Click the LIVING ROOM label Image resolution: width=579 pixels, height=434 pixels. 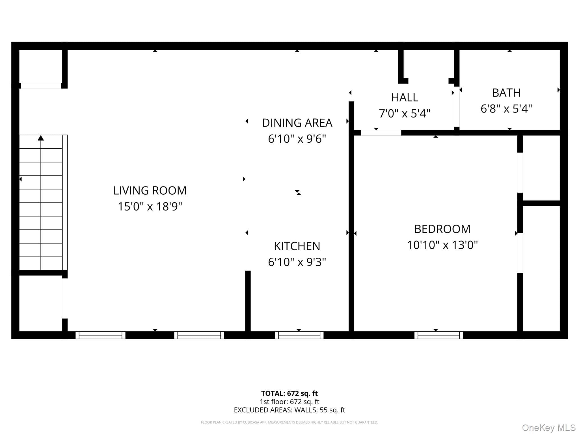click(x=150, y=191)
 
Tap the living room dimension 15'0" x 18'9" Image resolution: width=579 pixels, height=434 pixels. click(x=150, y=207)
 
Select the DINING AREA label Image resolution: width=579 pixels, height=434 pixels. click(x=297, y=123)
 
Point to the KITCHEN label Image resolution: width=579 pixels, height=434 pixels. click(x=297, y=246)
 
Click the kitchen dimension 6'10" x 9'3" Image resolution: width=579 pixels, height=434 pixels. click(x=297, y=262)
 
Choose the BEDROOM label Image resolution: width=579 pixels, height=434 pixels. click(x=442, y=229)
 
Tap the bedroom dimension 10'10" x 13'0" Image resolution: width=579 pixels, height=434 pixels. click(x=442, y=245)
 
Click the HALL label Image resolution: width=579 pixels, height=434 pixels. click(x=405, y=97)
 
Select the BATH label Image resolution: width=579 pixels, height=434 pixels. click(x=506, y=93)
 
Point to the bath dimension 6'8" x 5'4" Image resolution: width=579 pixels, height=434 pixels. click(x=506, y=108)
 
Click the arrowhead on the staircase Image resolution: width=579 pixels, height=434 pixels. click(x=41, y=138)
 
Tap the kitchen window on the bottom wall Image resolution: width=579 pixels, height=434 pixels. click(x=299, y=335)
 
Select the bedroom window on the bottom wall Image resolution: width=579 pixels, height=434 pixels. click(x=438, y=335)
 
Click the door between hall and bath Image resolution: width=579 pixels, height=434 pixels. click(x=457, y=108)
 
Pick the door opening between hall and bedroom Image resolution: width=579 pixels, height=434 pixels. click(x=381, y=133)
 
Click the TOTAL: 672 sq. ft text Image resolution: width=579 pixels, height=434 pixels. click(x=289, y=393)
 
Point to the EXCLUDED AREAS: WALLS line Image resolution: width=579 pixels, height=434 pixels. click(x=289, y=410)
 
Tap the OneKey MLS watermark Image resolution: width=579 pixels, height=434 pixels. click(x=549, y=428)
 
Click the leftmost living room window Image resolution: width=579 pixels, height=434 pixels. click(x=100, y=335)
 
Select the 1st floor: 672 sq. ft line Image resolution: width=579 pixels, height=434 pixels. click(x=289, y=402)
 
